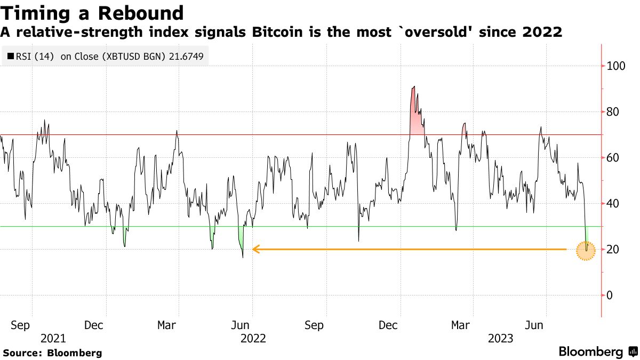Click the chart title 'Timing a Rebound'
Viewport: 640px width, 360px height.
[x=92, y=13]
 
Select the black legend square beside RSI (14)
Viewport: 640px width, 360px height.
[x=10, y=55]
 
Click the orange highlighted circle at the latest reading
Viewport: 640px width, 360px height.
[x=586, y=250]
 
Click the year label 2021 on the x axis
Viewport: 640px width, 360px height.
[x=53, y=338]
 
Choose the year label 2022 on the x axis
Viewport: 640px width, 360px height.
[x=253, y=338]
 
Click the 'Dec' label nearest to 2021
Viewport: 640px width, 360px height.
[x=93, y=325]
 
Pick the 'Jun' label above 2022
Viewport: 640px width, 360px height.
[x=240, y=325]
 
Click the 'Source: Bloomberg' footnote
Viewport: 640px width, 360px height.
[x=52, y=353]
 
